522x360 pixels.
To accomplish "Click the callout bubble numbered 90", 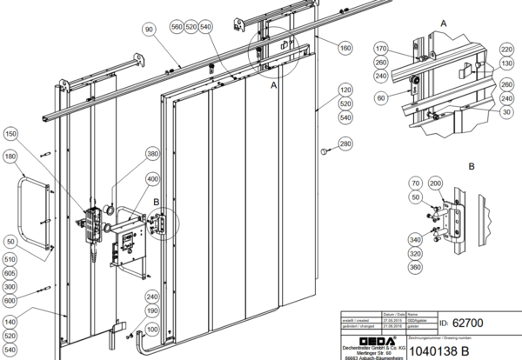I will (149, 30).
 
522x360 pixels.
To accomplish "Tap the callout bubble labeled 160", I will (345, 48).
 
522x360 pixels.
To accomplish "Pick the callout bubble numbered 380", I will (153, 154).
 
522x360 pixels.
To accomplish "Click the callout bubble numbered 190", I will (153, 310).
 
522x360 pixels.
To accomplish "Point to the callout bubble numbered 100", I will (153, 330).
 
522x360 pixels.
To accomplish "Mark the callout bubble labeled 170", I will (379, 48).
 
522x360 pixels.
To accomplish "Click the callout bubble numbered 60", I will (379, 98).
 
